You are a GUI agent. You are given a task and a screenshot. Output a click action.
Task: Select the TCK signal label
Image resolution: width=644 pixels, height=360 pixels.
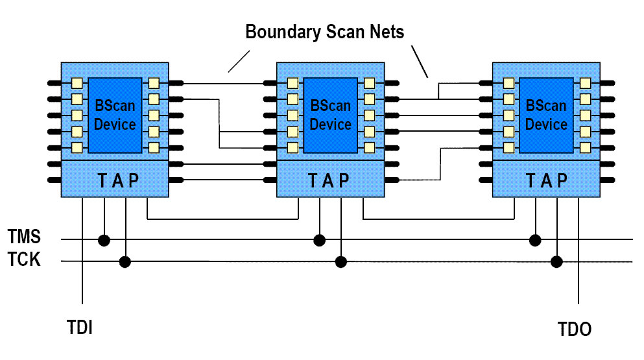[x=24, y=259]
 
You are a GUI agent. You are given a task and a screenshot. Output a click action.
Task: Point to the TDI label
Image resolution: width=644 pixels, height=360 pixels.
[x=80, y=327]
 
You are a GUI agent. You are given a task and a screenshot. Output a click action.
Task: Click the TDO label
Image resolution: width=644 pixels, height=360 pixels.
[x=575, y=329]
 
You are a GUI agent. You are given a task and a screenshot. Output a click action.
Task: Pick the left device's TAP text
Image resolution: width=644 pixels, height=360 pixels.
[x=114, y=180]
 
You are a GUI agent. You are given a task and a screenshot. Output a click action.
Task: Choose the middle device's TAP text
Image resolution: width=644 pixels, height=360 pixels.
[x=330, y=180]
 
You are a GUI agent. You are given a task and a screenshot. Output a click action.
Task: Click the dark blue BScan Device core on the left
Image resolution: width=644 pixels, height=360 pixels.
[x=115, y=115]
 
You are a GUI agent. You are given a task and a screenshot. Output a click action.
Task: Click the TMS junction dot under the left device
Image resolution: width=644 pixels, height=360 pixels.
[x=104, y=241]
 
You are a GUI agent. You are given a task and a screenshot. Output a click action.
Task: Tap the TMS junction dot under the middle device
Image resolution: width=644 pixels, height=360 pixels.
[x=319, y=241]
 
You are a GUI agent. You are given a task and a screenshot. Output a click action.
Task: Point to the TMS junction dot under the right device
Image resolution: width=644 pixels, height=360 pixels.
[x=535, y=241]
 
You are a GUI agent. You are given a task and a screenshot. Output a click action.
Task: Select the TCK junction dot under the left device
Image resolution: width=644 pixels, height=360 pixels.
[x=125, y=262]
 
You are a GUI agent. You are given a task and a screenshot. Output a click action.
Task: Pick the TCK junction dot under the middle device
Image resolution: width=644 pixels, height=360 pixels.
[x=340, y=262]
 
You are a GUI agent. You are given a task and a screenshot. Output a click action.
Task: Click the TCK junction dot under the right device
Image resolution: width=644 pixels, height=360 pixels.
[x=556, y=262]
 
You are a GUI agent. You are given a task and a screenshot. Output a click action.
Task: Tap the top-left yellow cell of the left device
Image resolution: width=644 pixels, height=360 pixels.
[x=77, y=83]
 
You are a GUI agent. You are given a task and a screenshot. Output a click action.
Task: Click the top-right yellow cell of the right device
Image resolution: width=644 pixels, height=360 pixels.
[x=585, y=83]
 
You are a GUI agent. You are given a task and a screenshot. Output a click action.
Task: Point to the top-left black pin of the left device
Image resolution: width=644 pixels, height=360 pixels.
[x=54, y=83]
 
